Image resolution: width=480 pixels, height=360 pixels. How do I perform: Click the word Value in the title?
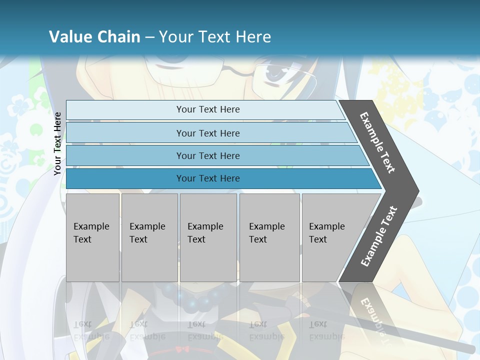tap(70, 37)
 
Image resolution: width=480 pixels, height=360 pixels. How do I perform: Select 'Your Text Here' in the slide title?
tap(215, 37)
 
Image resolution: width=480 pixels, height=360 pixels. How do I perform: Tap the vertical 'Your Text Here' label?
tap(57, 143)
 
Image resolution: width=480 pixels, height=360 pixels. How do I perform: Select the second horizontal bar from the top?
tap(207, 133)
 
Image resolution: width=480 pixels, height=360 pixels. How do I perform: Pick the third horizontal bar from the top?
tap(207, 155)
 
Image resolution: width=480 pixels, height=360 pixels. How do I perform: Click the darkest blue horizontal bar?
tap(207, 178)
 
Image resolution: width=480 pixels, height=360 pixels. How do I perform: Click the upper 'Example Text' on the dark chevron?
tap(377, 142)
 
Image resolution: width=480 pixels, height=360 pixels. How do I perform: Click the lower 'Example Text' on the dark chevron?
tap(379, 236)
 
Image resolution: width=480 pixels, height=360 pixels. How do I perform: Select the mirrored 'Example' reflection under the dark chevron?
tap(372, 315)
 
